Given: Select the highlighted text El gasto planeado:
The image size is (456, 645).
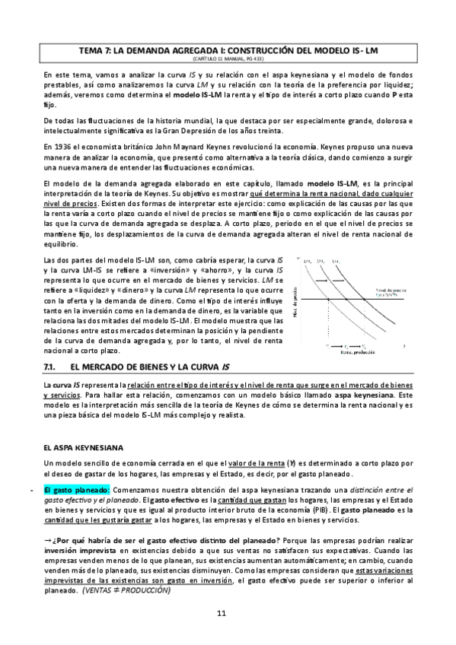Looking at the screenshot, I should [77, 488].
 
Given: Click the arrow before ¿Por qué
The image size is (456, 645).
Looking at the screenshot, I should [48, 539].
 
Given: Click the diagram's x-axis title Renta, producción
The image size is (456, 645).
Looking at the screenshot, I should [352, 351].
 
